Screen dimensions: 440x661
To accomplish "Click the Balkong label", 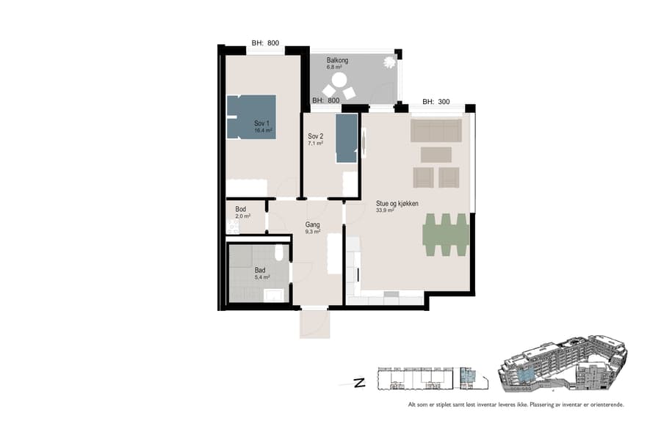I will tap(337, 60).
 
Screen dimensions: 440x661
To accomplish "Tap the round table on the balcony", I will tap(339, 79).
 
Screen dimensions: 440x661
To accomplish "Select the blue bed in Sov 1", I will tap(251, 117).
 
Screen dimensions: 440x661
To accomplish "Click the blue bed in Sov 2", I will tap(346, 138).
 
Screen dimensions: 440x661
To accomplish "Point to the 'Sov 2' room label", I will tap(316, 136).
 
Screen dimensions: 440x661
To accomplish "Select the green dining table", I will tap(446, 235).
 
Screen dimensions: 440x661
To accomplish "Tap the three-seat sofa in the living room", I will tap(436, 131).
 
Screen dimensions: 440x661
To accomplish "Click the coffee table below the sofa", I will tap(436, 154).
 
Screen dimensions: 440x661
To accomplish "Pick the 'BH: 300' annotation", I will tap(436, 103).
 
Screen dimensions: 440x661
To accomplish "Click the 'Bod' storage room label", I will tap(240, 209).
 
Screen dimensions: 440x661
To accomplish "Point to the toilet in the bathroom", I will tap(279, 253).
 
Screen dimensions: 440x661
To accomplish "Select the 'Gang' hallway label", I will tap(313, 224).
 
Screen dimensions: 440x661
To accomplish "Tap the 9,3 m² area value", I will tap(314, 232).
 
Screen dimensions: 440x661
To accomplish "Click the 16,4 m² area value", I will tap(263, 130).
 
